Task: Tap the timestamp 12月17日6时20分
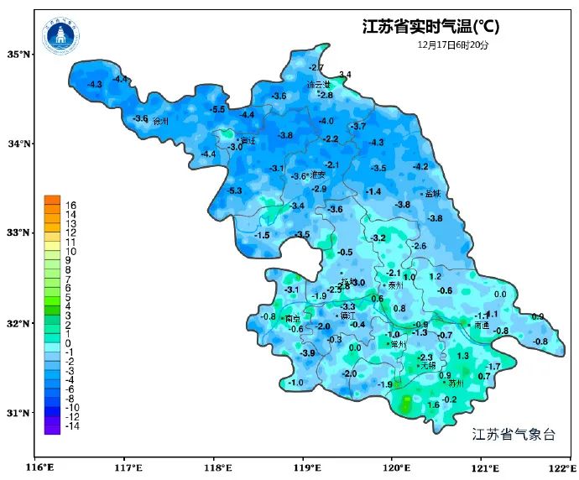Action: pyautogui.click(x=452, y=45)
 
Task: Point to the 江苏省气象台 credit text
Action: pyautogui.click(x=514, y=434)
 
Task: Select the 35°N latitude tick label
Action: pyautogui.click(x=19, y=55)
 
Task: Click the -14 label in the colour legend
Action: pyautogui.click(x=71, y=425)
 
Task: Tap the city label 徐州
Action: pyautogui.click(x=160, y=122)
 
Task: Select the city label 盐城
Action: pyautogui.click(x=432, y=194)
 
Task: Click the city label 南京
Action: pyautogui.click(x=293, y=319)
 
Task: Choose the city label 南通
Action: pyautogui.click(x=481, y=325)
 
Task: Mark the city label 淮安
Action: pyautogui.click(x=317, y=175)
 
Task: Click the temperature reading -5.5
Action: pyautogui.click(x=218, y=110)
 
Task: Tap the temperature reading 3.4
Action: pyautogui.click(x=344, y=76)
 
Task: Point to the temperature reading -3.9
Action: pyautogui.click(x=308, y=353)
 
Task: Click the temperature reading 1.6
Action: pyautogui.click(x=434, y=405)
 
